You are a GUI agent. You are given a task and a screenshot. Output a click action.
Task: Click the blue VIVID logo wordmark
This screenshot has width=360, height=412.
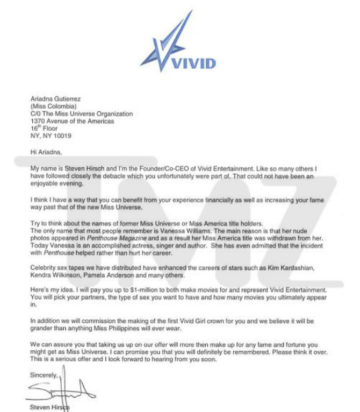[x=193, y=64]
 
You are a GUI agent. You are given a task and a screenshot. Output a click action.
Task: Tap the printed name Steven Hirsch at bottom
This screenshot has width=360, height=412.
[x=51, y=407]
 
